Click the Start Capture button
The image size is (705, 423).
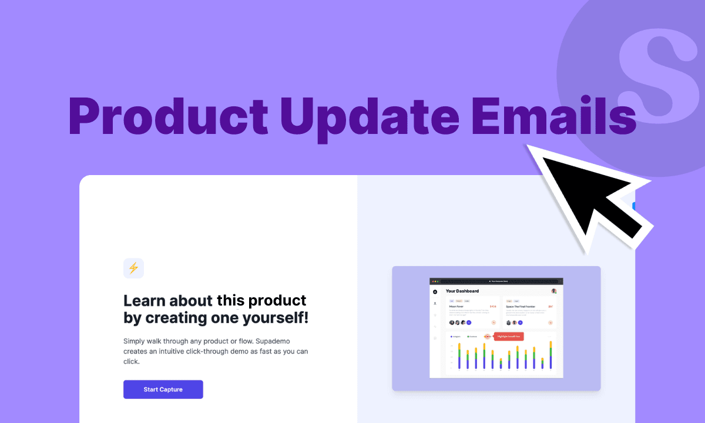163,390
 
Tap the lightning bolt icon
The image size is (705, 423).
133,268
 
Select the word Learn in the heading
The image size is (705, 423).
145,300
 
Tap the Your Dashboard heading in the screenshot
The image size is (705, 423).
462,291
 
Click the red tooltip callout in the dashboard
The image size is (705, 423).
509,337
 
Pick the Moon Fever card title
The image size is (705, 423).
456,306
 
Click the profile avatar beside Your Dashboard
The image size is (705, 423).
553,291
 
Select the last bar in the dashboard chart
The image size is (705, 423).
550,355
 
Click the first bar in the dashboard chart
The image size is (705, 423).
459,356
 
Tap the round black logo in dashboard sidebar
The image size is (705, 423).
435,291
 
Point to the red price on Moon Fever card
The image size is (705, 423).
493,306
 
